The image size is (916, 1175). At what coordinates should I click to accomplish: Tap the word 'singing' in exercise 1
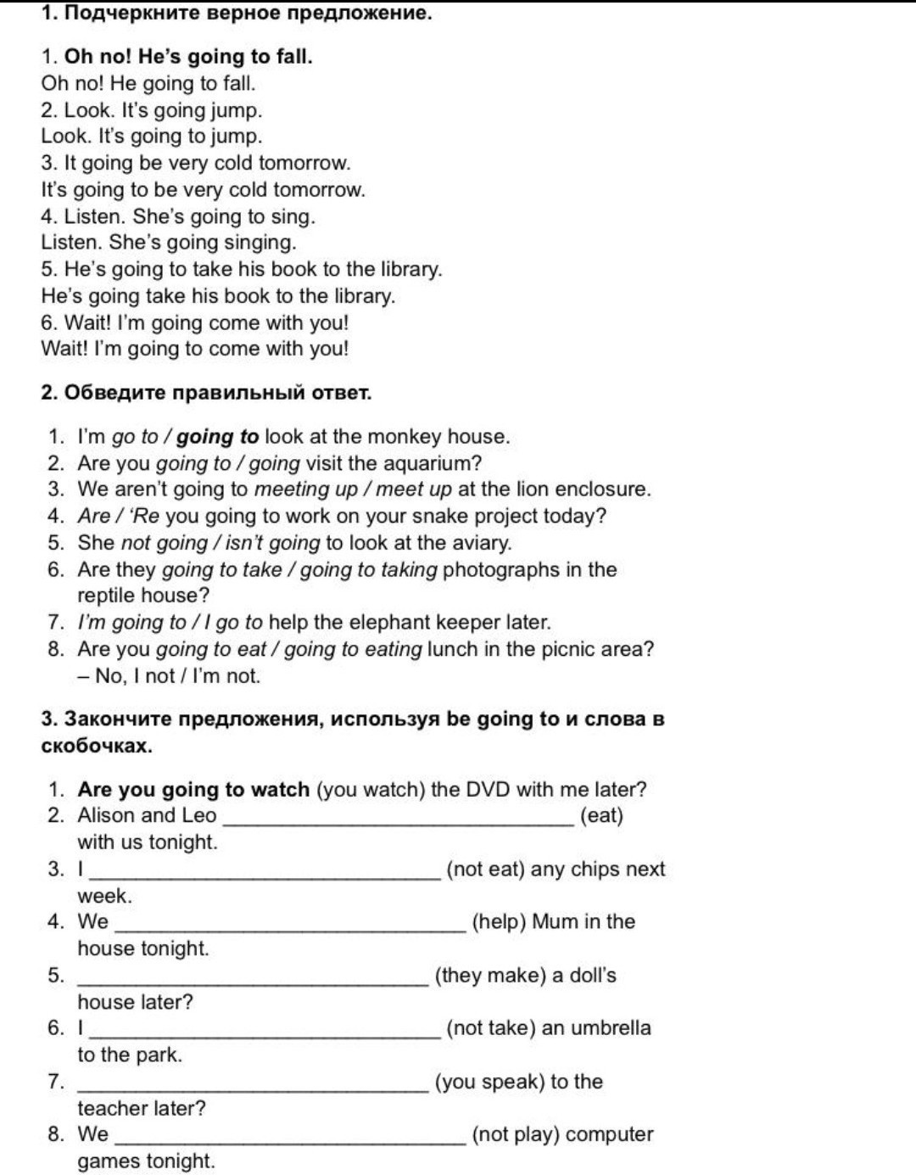(260, 243)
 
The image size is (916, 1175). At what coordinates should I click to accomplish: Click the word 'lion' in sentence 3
(525, 490)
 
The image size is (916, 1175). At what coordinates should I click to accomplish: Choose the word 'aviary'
(483, 543)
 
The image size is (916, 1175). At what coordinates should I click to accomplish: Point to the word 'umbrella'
(611, 1028)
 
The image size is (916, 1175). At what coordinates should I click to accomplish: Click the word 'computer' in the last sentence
(609, 1134)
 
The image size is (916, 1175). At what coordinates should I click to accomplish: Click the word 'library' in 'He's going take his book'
(364, 296)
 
